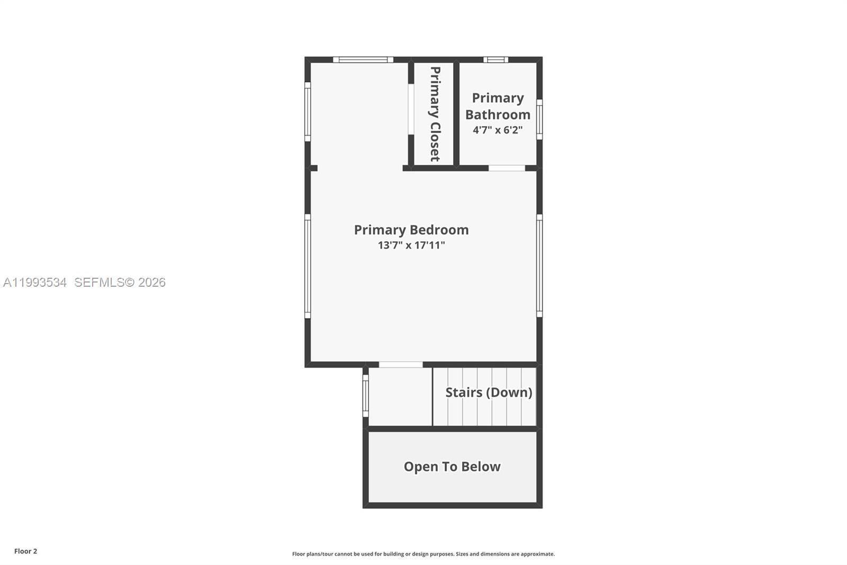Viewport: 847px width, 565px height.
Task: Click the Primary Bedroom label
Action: tap(411, 230)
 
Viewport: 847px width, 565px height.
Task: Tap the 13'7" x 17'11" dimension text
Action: tap(411, 245)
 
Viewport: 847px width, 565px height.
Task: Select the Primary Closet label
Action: tap(435, 114)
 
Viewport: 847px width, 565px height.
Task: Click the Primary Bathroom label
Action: tap(498, 106)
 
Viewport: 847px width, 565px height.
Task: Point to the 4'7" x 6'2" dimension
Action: tap(498, 130)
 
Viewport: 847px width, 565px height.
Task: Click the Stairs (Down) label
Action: tap(489, 392)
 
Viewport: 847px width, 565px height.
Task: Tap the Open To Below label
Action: tap(452, 466)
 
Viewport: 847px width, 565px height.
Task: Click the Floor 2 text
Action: tap(25, 551)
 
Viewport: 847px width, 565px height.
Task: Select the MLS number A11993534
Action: tap(35, 282)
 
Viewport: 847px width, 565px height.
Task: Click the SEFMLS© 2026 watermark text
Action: tap(120, 282)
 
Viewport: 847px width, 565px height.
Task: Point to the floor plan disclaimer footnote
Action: tap(424, 554)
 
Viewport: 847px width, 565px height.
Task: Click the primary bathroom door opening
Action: tap(507, 168)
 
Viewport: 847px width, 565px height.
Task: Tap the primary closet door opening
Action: tap(411, 109)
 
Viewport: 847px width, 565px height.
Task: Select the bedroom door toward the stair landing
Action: tap(401, 365)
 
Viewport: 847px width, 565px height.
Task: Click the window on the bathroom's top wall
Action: tap(495, 60)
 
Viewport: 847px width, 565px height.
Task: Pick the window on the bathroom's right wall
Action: tap(539, 119)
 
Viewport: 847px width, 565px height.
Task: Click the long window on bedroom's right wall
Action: tap(539, 266)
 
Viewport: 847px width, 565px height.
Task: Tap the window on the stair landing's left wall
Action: tap(365, 396)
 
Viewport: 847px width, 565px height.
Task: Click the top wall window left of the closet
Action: tap(363, 60)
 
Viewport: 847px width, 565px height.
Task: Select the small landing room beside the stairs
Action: tap(400, 396)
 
